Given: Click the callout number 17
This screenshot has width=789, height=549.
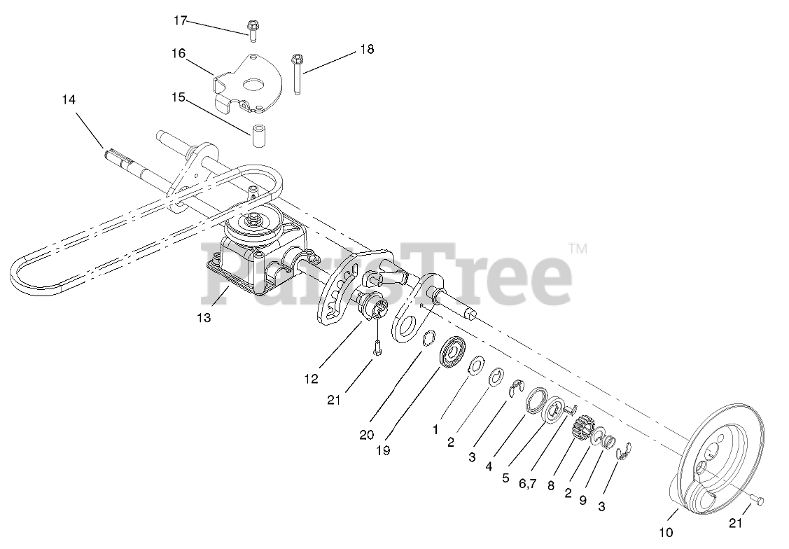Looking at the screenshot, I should (180, 20).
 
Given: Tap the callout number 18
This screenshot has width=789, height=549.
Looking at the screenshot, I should (367, 49).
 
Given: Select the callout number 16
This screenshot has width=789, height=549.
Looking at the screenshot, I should (179, 54).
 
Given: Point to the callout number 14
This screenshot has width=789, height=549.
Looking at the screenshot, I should (68, 99).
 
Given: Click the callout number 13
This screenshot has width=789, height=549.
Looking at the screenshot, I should (203, 317).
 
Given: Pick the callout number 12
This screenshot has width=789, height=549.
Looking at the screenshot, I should (312, 378).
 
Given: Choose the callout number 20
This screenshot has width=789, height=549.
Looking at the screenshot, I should (366, 434).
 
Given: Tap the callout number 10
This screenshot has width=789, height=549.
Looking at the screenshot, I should (666, 533).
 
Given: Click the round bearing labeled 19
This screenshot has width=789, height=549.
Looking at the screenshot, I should (452, 352).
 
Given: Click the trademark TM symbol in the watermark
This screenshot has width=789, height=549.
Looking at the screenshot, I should (577, 248).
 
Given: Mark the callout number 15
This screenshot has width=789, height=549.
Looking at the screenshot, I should (179, 97).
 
